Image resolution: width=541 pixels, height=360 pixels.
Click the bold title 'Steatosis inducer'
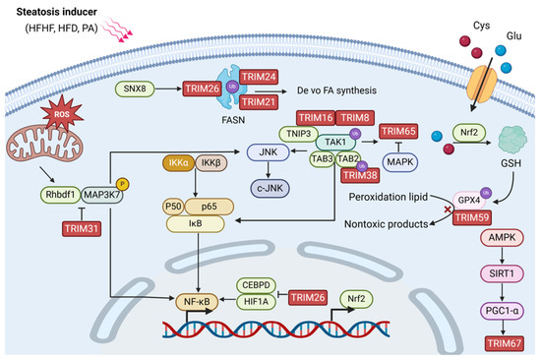pyautogui.click(x=46, y=12)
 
